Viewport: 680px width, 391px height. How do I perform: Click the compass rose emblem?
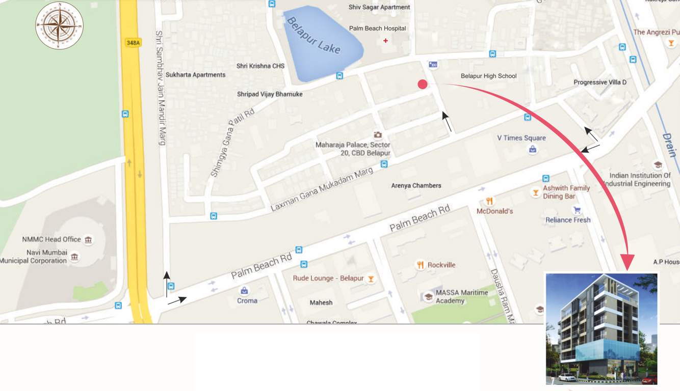click(x=59, y=25)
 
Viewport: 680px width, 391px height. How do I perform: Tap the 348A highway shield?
click(x=133, y=43)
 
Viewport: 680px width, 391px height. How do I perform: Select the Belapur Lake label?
click(x=313, y=36)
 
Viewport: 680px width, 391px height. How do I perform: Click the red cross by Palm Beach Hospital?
click(x=385, y=41)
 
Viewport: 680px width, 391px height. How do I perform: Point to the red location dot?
click(x=423, y=85)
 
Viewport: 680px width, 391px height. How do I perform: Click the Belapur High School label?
click(x=488, y=76)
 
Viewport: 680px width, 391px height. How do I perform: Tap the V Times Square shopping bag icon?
click(x=533, y=149)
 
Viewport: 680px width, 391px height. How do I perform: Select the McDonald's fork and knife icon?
click(x=489, y=201)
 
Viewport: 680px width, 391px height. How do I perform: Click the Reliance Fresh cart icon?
click(x=577, y=210)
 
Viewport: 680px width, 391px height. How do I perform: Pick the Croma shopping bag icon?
click(x=245, y=291)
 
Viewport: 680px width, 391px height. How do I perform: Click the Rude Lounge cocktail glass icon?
click(x=371, y=278)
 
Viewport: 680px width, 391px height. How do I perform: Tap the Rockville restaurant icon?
click(x=421, y=265)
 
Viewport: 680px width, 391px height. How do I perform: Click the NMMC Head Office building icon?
click(x=88, y=239)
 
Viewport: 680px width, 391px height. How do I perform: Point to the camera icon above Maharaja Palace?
click(x=378, y=135)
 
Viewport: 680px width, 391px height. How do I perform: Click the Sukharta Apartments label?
click(x=195, y=75)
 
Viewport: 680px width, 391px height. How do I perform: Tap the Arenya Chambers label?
click(x=416, y=186)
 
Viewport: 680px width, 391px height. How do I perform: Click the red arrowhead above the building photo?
click(x=627, y=262)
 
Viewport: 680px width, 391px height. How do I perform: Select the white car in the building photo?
click(x=567, y=377)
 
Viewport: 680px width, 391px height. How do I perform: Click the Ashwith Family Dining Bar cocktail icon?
click(x=535, y=192)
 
